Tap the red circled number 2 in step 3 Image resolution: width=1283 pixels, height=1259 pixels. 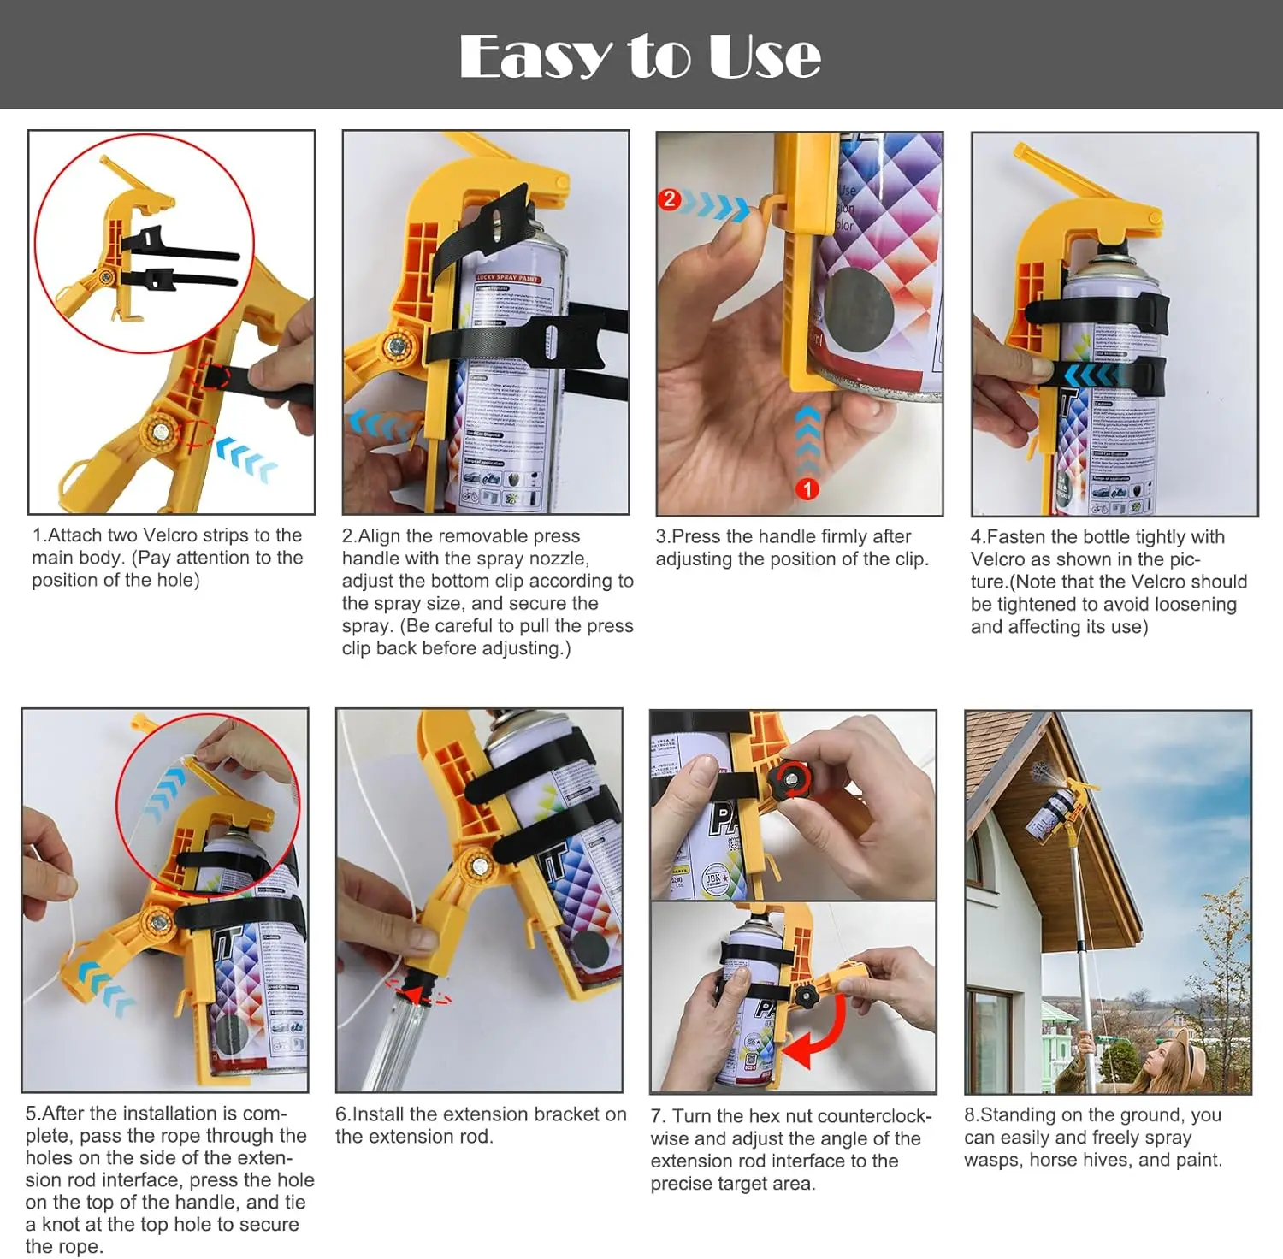[669, 199]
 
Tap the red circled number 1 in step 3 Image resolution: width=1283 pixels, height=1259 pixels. [807, 489]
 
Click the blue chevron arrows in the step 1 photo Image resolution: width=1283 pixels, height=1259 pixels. [247, 459]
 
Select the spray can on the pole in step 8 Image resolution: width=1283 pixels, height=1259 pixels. [1051, 811]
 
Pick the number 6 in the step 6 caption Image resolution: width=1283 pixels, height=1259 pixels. [341, 1114]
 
